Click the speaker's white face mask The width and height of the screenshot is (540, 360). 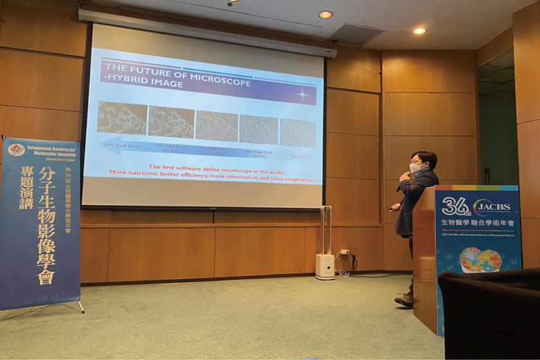[x=416, y=168]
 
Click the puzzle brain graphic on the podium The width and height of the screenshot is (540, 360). [x=480, y=260]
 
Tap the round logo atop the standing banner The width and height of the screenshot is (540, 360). [x=16, y=150]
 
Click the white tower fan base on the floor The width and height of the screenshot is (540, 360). [x=325, y=265]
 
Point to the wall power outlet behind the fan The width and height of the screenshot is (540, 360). [x=345, y=252]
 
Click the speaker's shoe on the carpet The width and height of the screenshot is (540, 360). [x=404, y=299]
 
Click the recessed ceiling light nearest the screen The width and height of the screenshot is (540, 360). [x=325, y=14]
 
